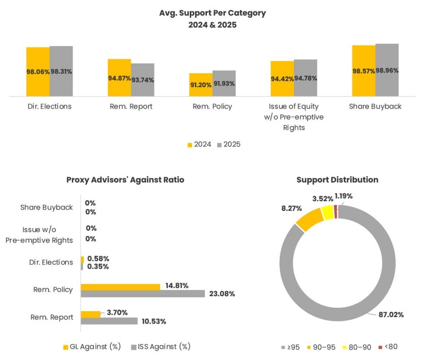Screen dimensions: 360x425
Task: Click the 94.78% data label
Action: [x=306, y=79]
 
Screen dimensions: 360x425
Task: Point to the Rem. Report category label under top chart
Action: [x=131, y=106]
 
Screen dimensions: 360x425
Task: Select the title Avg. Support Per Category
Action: [x=212, y=13]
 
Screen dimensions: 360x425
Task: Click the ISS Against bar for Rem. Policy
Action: [x=143, y=294]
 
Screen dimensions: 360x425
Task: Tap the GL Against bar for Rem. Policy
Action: [x=121, y=287]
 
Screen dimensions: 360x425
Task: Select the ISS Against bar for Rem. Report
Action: [x=109, y=321]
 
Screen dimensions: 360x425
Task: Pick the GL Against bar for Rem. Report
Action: [x=91, y=314]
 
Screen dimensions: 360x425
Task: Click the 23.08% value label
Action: [x=222, y=294]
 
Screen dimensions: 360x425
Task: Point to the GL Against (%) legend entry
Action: [x=92, y=347]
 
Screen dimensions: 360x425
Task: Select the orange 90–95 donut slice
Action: [x=309, y=220]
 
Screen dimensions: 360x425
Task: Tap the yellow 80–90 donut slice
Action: [x=327, y=213]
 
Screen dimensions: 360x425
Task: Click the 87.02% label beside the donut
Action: [x=391, y=314]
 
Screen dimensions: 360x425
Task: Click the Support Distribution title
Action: [x=337, y=180]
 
